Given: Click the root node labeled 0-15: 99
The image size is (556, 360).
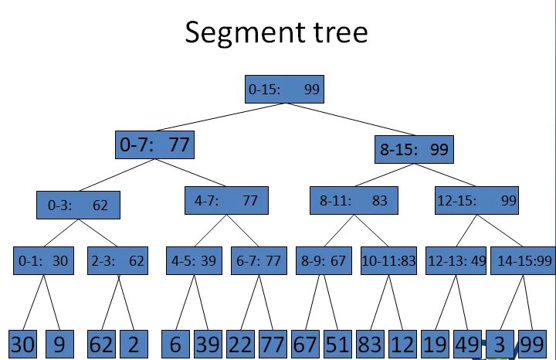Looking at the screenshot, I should coord(283,90).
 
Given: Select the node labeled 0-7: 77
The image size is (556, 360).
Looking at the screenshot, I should coord(154,144).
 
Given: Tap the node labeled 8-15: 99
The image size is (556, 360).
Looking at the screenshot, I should coord(414,150).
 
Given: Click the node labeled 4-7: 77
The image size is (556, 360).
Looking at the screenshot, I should coord(226,201).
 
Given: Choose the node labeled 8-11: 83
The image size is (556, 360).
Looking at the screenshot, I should coord(353,201).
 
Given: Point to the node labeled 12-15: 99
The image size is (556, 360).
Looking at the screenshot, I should coord(476,201).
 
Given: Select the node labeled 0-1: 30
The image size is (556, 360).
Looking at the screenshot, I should coord(43,261).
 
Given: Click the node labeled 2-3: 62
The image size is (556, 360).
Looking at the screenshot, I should coord(116,261).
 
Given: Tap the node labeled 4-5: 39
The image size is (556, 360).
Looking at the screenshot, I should coord(195,261).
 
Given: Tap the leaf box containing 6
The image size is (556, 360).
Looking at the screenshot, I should coord(175,345).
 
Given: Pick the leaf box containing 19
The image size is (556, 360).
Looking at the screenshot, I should coord(435,345).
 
